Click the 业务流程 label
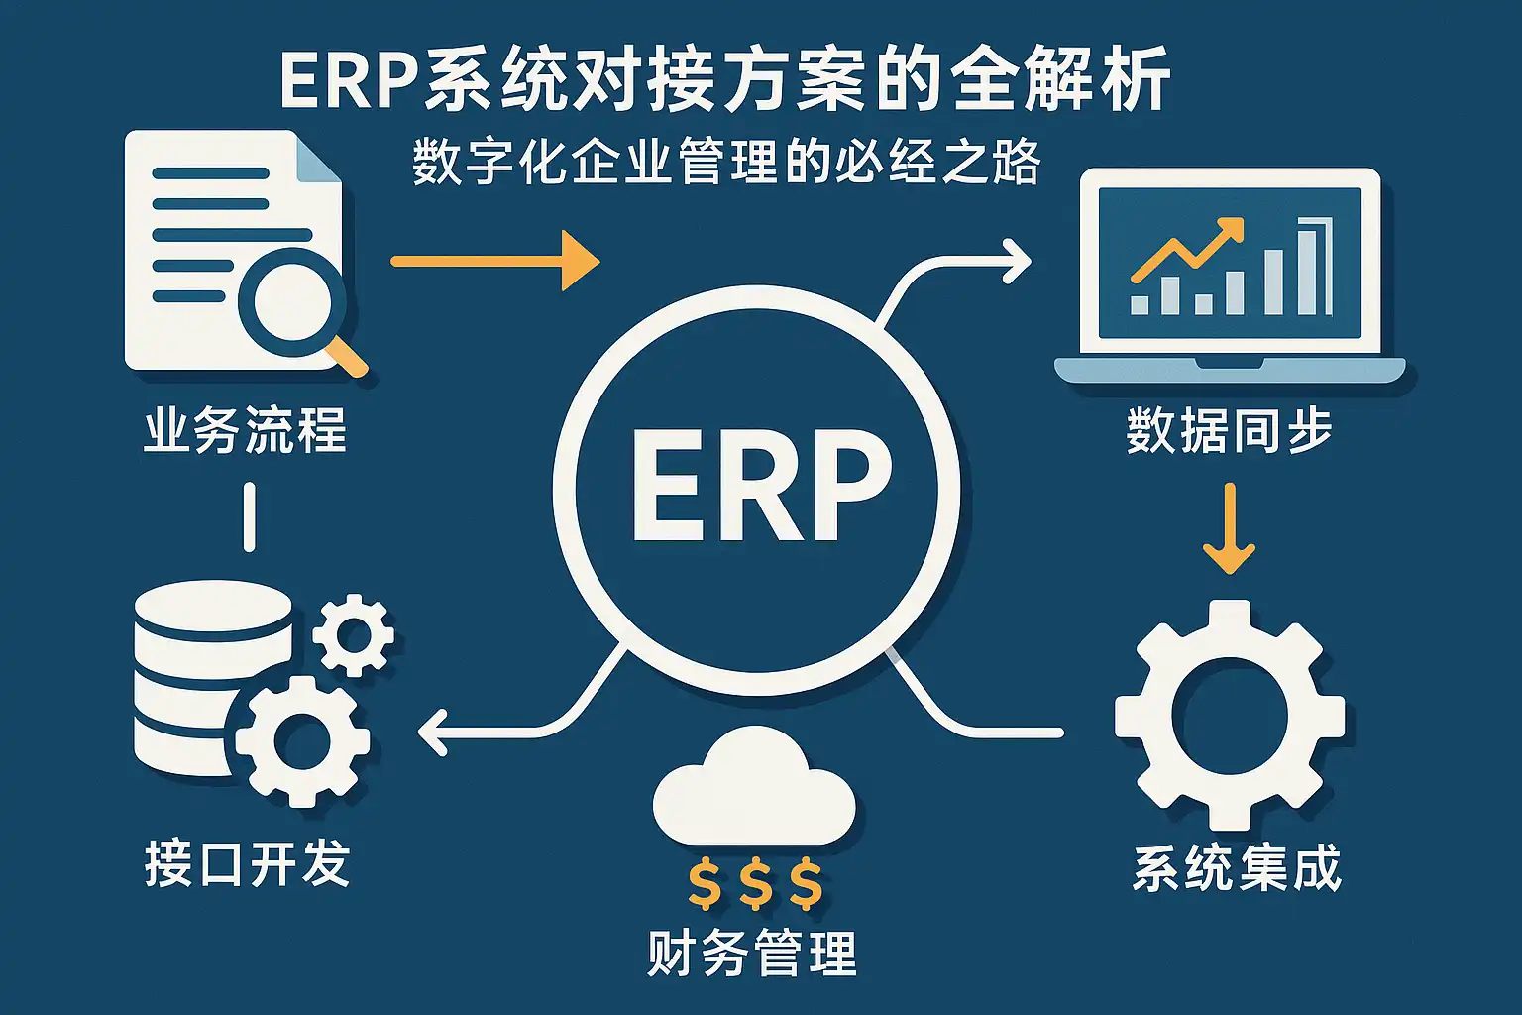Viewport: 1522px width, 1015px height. pos(245,431)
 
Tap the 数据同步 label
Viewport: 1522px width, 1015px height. pos(1229,431)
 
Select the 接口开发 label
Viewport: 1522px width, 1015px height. pos(248,863)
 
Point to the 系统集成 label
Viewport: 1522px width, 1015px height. pos(1237,868)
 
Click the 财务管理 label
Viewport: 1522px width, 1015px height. pos(751,954)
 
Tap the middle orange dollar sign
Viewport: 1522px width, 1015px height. pos(755,884)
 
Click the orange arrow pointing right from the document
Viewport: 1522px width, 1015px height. pos(495,261)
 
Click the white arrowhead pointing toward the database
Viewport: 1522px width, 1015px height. pos(432,733)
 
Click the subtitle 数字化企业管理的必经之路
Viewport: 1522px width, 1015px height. pos(726,163)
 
